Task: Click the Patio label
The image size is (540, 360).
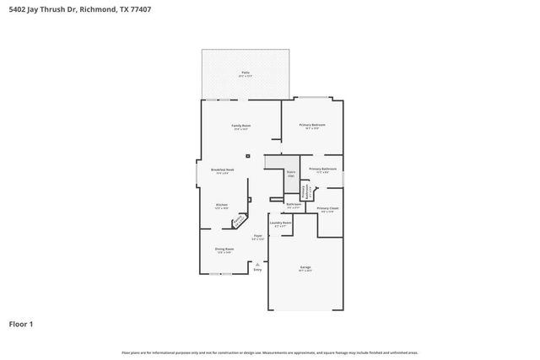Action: [245, 73]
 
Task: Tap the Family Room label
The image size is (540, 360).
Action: [241, 126]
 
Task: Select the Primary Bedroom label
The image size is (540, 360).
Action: [312, 125]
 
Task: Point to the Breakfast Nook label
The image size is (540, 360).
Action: [222, 170]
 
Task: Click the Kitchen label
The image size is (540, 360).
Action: [221, 205]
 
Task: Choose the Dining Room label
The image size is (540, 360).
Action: [224, 249]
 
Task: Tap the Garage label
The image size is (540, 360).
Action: [305, 267]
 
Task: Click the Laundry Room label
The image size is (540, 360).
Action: [280, 223]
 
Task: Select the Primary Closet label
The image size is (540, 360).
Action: [327, 207]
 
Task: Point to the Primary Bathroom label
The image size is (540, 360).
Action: [322, 169]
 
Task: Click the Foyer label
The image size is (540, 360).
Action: [257, 236]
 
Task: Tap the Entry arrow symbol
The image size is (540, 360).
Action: [257, 264]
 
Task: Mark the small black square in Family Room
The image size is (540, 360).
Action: [247, 155]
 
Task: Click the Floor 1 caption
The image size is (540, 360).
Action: [21, 324]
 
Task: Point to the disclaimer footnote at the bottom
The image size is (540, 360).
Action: [269, 352]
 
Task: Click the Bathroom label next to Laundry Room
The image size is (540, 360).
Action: [294, 204]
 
